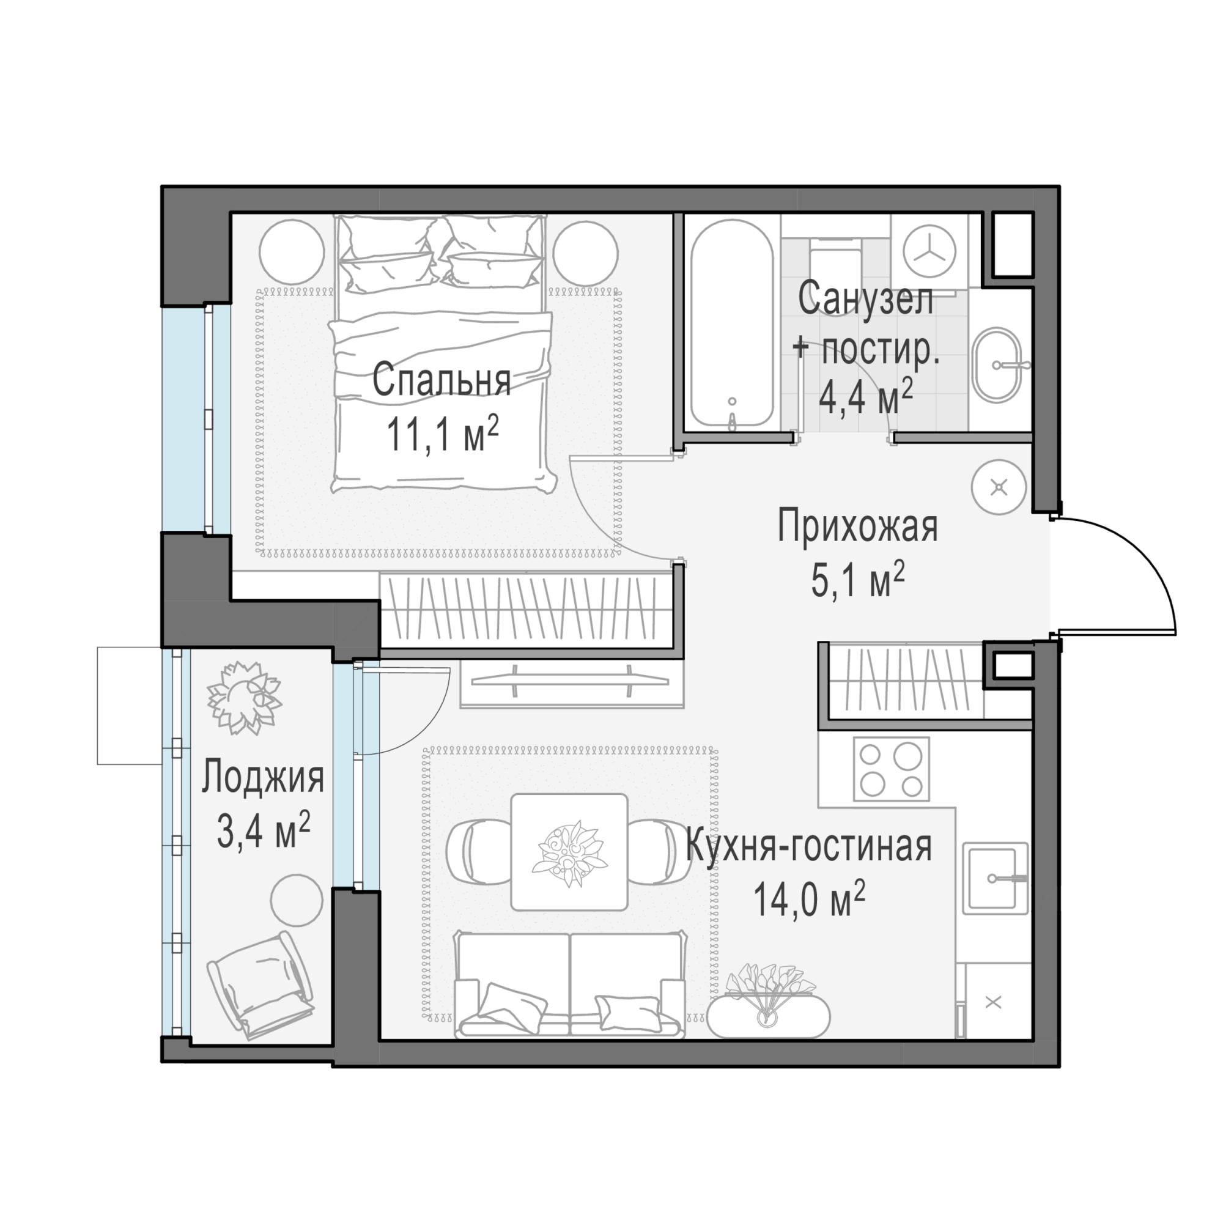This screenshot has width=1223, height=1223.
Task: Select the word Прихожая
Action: [857, 527]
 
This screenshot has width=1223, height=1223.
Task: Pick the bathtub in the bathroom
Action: [732, 323]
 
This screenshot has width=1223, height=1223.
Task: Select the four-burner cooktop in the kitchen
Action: [892, 769]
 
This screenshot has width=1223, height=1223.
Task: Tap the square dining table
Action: [569, 852]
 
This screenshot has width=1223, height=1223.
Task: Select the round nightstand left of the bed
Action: [292, 253]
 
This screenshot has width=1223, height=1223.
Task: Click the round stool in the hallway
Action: [999, 487]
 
